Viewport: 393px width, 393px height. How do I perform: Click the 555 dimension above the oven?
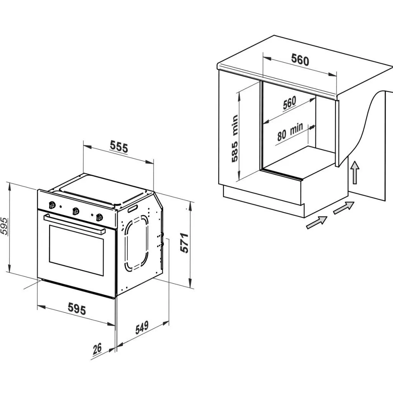point(119,147)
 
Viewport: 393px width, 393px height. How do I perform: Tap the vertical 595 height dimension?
point(4,226)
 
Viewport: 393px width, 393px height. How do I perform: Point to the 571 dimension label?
point(185,243)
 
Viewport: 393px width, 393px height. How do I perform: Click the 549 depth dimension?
point(142,327)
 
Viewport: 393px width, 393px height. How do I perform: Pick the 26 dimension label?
point(97,348)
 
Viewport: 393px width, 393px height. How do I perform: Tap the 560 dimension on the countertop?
point(300,60)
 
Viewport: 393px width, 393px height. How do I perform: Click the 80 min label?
point(290,132)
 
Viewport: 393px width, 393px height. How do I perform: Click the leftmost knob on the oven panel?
point(52,205)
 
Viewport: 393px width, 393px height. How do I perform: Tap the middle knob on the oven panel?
point(76,211)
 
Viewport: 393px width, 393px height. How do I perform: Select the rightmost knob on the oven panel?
point(99,217)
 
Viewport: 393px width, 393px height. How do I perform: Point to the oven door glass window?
point(76,250)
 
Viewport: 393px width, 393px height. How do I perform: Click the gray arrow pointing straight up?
point(355,173)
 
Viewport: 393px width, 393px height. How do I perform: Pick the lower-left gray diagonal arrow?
point(317,222)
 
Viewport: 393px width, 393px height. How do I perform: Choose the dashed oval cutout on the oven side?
point(136,243)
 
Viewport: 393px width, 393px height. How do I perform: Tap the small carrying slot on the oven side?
point(133,208)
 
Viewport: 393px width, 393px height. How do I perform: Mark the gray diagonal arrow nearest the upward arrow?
point(343,208)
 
